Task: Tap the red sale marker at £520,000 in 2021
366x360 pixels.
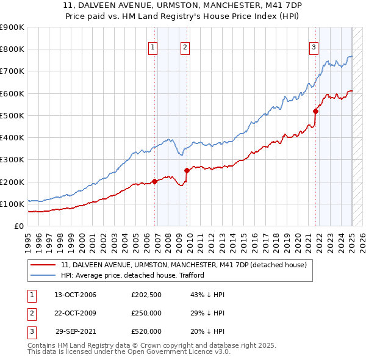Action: tap(316, 111)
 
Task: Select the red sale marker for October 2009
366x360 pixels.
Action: tap(187, 171)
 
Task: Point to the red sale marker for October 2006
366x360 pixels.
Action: tap(154, 181)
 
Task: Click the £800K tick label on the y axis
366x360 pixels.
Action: tap(12, 49)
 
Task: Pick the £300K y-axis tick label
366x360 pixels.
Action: tap(12, 160)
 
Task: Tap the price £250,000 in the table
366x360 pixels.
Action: tap(146, 314)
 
